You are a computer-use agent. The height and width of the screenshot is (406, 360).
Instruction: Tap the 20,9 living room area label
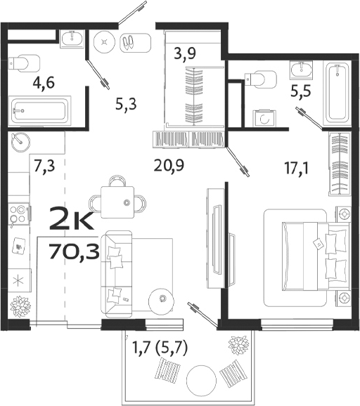168,166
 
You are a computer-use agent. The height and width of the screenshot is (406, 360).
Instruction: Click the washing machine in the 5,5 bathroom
264,119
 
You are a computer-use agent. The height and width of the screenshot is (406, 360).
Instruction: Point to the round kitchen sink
20,140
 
